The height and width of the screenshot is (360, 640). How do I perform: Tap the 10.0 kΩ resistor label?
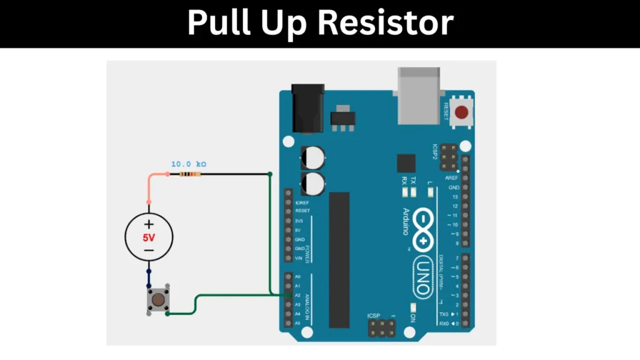point(189,164)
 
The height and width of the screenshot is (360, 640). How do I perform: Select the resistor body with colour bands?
point(189,174)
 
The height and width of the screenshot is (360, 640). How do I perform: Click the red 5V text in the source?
point(149,237)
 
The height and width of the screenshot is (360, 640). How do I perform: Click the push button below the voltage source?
point(158,301)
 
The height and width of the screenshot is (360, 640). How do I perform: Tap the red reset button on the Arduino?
point(462,113)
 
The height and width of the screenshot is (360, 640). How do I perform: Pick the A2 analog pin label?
point(297,295)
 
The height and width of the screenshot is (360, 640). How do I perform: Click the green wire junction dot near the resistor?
point(269,174)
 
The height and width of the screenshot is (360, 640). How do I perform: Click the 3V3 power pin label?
point(298,221)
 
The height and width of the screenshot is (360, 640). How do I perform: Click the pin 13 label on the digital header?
point(456,197)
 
